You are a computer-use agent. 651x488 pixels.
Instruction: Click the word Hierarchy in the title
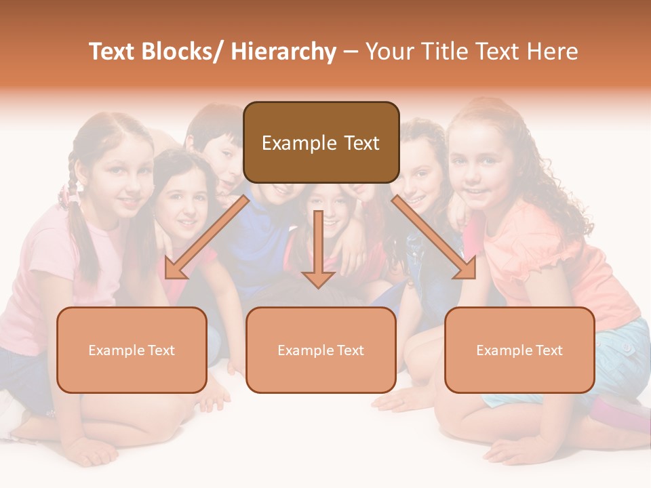[x=283, y=52]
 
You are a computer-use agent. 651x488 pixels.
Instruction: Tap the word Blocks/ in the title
[x=182, y=52]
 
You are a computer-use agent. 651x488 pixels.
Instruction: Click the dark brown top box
[x=321, y=142]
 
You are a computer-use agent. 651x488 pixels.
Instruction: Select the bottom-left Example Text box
[x=132, y=350]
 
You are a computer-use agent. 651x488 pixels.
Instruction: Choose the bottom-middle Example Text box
[x=321, y=350]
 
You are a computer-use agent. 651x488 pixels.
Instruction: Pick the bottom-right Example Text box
[x=519, y=350]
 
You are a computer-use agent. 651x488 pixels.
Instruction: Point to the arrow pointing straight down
[x=318, y=251]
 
